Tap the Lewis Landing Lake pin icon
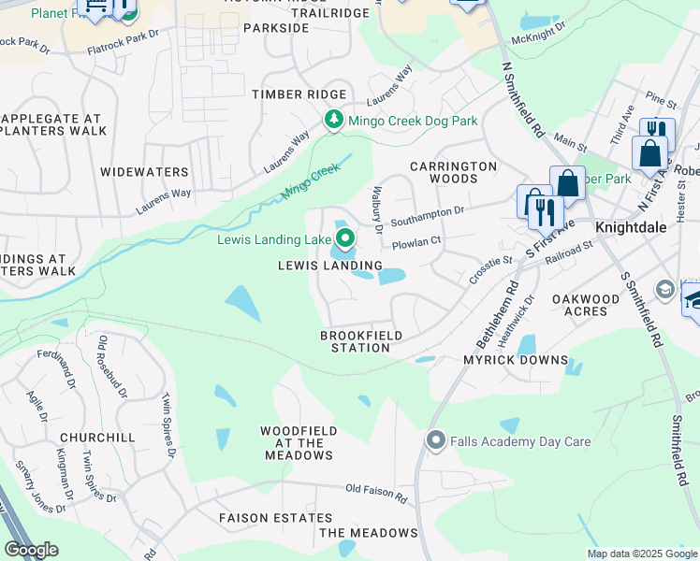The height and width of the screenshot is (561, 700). tap(345, 240)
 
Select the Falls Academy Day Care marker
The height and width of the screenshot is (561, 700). tap(435, 439)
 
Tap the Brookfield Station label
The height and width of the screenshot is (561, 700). tap(361, 341)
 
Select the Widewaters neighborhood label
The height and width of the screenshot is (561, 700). tap(145, 172)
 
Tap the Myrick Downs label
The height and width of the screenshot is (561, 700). tap(516, 360)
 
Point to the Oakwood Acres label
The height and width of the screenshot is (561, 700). tap(586, 305)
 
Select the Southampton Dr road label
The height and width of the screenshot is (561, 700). tap(428, 217)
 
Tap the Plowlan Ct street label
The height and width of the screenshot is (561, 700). tap(416, 241)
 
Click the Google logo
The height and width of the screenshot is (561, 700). tap(31, 550)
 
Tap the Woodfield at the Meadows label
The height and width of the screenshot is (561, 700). tap(296, 443)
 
